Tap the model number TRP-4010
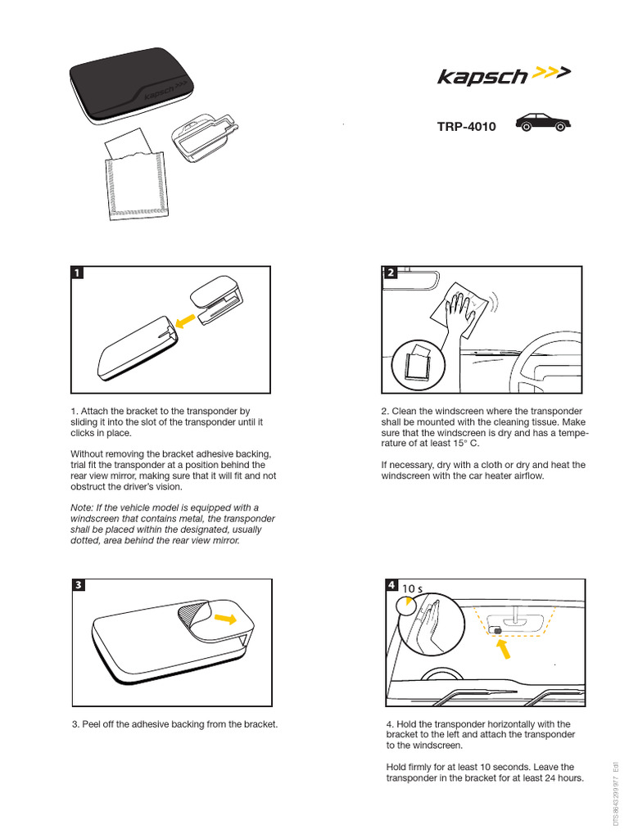tap(468, 127)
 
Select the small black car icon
tap(543, 123)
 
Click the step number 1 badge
tap(76, 273)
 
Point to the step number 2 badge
tap(390, 273)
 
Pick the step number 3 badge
tap(76, 585)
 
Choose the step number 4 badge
tap(391, 585)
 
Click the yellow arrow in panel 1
tap(188, 322)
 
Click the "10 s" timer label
tap(414, 588)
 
